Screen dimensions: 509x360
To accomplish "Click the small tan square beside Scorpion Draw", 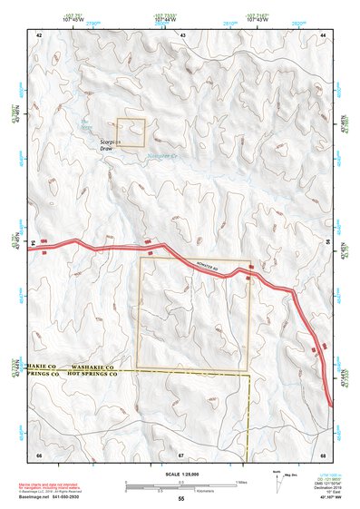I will [131, 132].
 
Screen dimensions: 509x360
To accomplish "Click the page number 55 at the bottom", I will [180, 499].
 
